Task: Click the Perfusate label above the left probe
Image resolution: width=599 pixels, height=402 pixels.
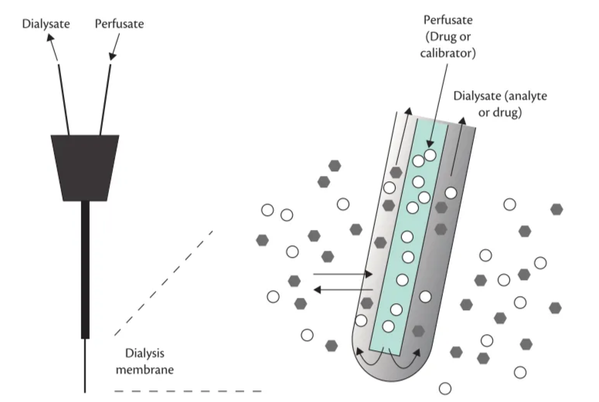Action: click(119, 24)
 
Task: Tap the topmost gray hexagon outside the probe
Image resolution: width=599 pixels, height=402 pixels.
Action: click(335, 165)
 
